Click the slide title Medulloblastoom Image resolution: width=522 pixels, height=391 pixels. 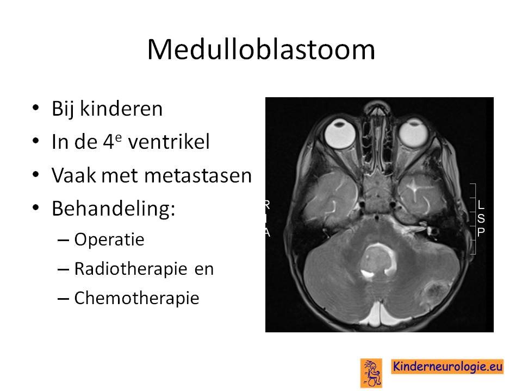(x=261, y=49)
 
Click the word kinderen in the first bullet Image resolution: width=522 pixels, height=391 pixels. (x=121, y=109)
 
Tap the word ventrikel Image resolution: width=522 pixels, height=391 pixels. (x=169, y=142)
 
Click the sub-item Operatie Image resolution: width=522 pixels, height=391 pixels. (x=109, y=239)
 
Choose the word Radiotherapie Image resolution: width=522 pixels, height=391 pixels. (x=130, y=269)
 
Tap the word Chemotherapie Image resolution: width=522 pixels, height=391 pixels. (x=136, y=298)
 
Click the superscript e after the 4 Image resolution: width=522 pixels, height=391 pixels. (x=118, y=137)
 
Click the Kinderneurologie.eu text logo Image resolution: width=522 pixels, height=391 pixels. (x=447, y=367)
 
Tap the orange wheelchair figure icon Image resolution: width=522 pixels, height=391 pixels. (x=371, y=373)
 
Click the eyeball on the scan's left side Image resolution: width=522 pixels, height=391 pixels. (x=340, y=134)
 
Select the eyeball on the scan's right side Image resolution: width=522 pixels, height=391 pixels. (x=413, y=133)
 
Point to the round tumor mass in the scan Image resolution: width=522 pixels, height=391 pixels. (x=378, y=261)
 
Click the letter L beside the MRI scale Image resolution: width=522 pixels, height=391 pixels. (x=480, y=205)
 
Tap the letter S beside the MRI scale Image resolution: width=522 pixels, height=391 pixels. (x=481, y=218)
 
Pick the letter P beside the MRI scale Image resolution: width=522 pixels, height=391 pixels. (x=481, y=232)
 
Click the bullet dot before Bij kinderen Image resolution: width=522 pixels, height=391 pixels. (x=36, y=108)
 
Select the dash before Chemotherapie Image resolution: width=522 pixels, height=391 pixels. (x=63, y=299)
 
